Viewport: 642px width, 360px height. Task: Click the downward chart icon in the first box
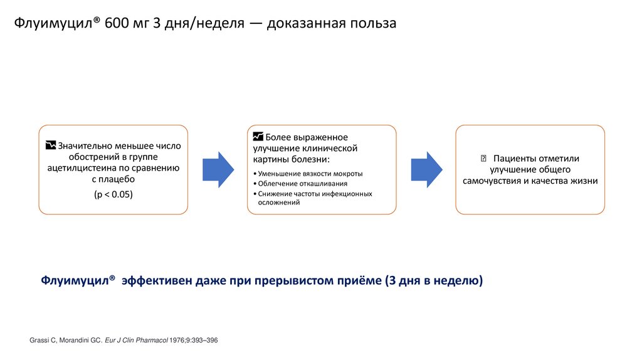51,146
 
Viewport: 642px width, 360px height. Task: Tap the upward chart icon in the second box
258,136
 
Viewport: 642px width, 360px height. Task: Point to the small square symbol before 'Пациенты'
483,158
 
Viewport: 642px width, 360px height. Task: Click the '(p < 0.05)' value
113,194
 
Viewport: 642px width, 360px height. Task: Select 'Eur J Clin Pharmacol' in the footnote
137,340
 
